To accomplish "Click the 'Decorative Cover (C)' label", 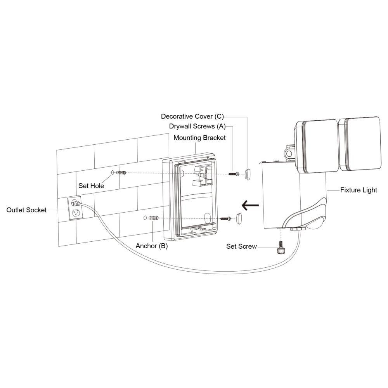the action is [x=192, y=116].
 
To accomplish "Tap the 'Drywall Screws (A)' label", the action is [x=197, y=126].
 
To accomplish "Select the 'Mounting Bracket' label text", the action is [x=199, y=138].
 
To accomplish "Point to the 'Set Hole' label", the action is [x=91, y=185].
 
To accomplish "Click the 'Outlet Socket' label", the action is [x=26, y=210].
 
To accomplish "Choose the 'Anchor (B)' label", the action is [x=152, y=246].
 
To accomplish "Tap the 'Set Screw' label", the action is [x=241, y=246].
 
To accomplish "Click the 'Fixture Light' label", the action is [x=359, y=190].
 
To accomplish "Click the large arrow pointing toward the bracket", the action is [x=250, y=205].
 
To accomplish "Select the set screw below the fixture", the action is [x=281, y=248].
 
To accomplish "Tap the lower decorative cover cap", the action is [x=239, y=218].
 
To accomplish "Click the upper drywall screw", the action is [x=234, y=174].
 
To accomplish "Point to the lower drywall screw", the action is [x=225, y=219].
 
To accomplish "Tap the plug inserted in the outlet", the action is [x=76, y=203].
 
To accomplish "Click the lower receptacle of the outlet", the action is [x=76, y=213].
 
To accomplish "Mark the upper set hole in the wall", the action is [x=113, y=172].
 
